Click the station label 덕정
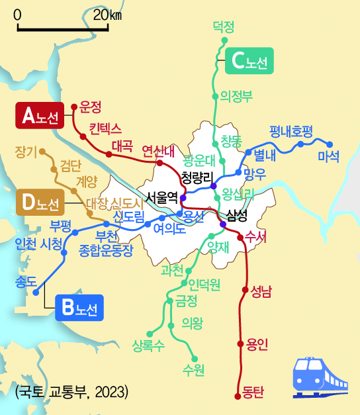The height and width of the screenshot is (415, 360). tap(224, 26)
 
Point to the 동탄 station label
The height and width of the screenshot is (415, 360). tap(253, 392)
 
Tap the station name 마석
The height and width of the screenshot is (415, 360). tap(328, 157)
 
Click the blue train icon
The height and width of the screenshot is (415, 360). tap(320, 377)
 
